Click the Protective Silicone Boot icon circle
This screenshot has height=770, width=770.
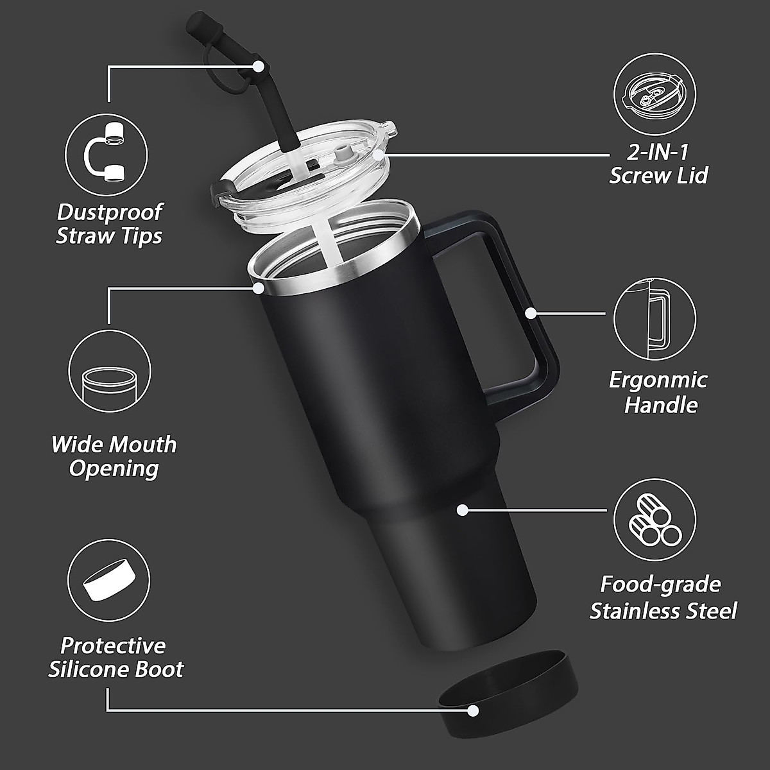(108, 580)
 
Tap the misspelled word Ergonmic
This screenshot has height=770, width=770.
(658, 380)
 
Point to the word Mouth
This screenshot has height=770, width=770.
(142, 444)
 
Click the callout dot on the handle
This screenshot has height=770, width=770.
(531, 313)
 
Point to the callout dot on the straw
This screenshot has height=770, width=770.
(259, 65)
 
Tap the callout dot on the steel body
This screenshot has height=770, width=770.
(462, 510)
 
